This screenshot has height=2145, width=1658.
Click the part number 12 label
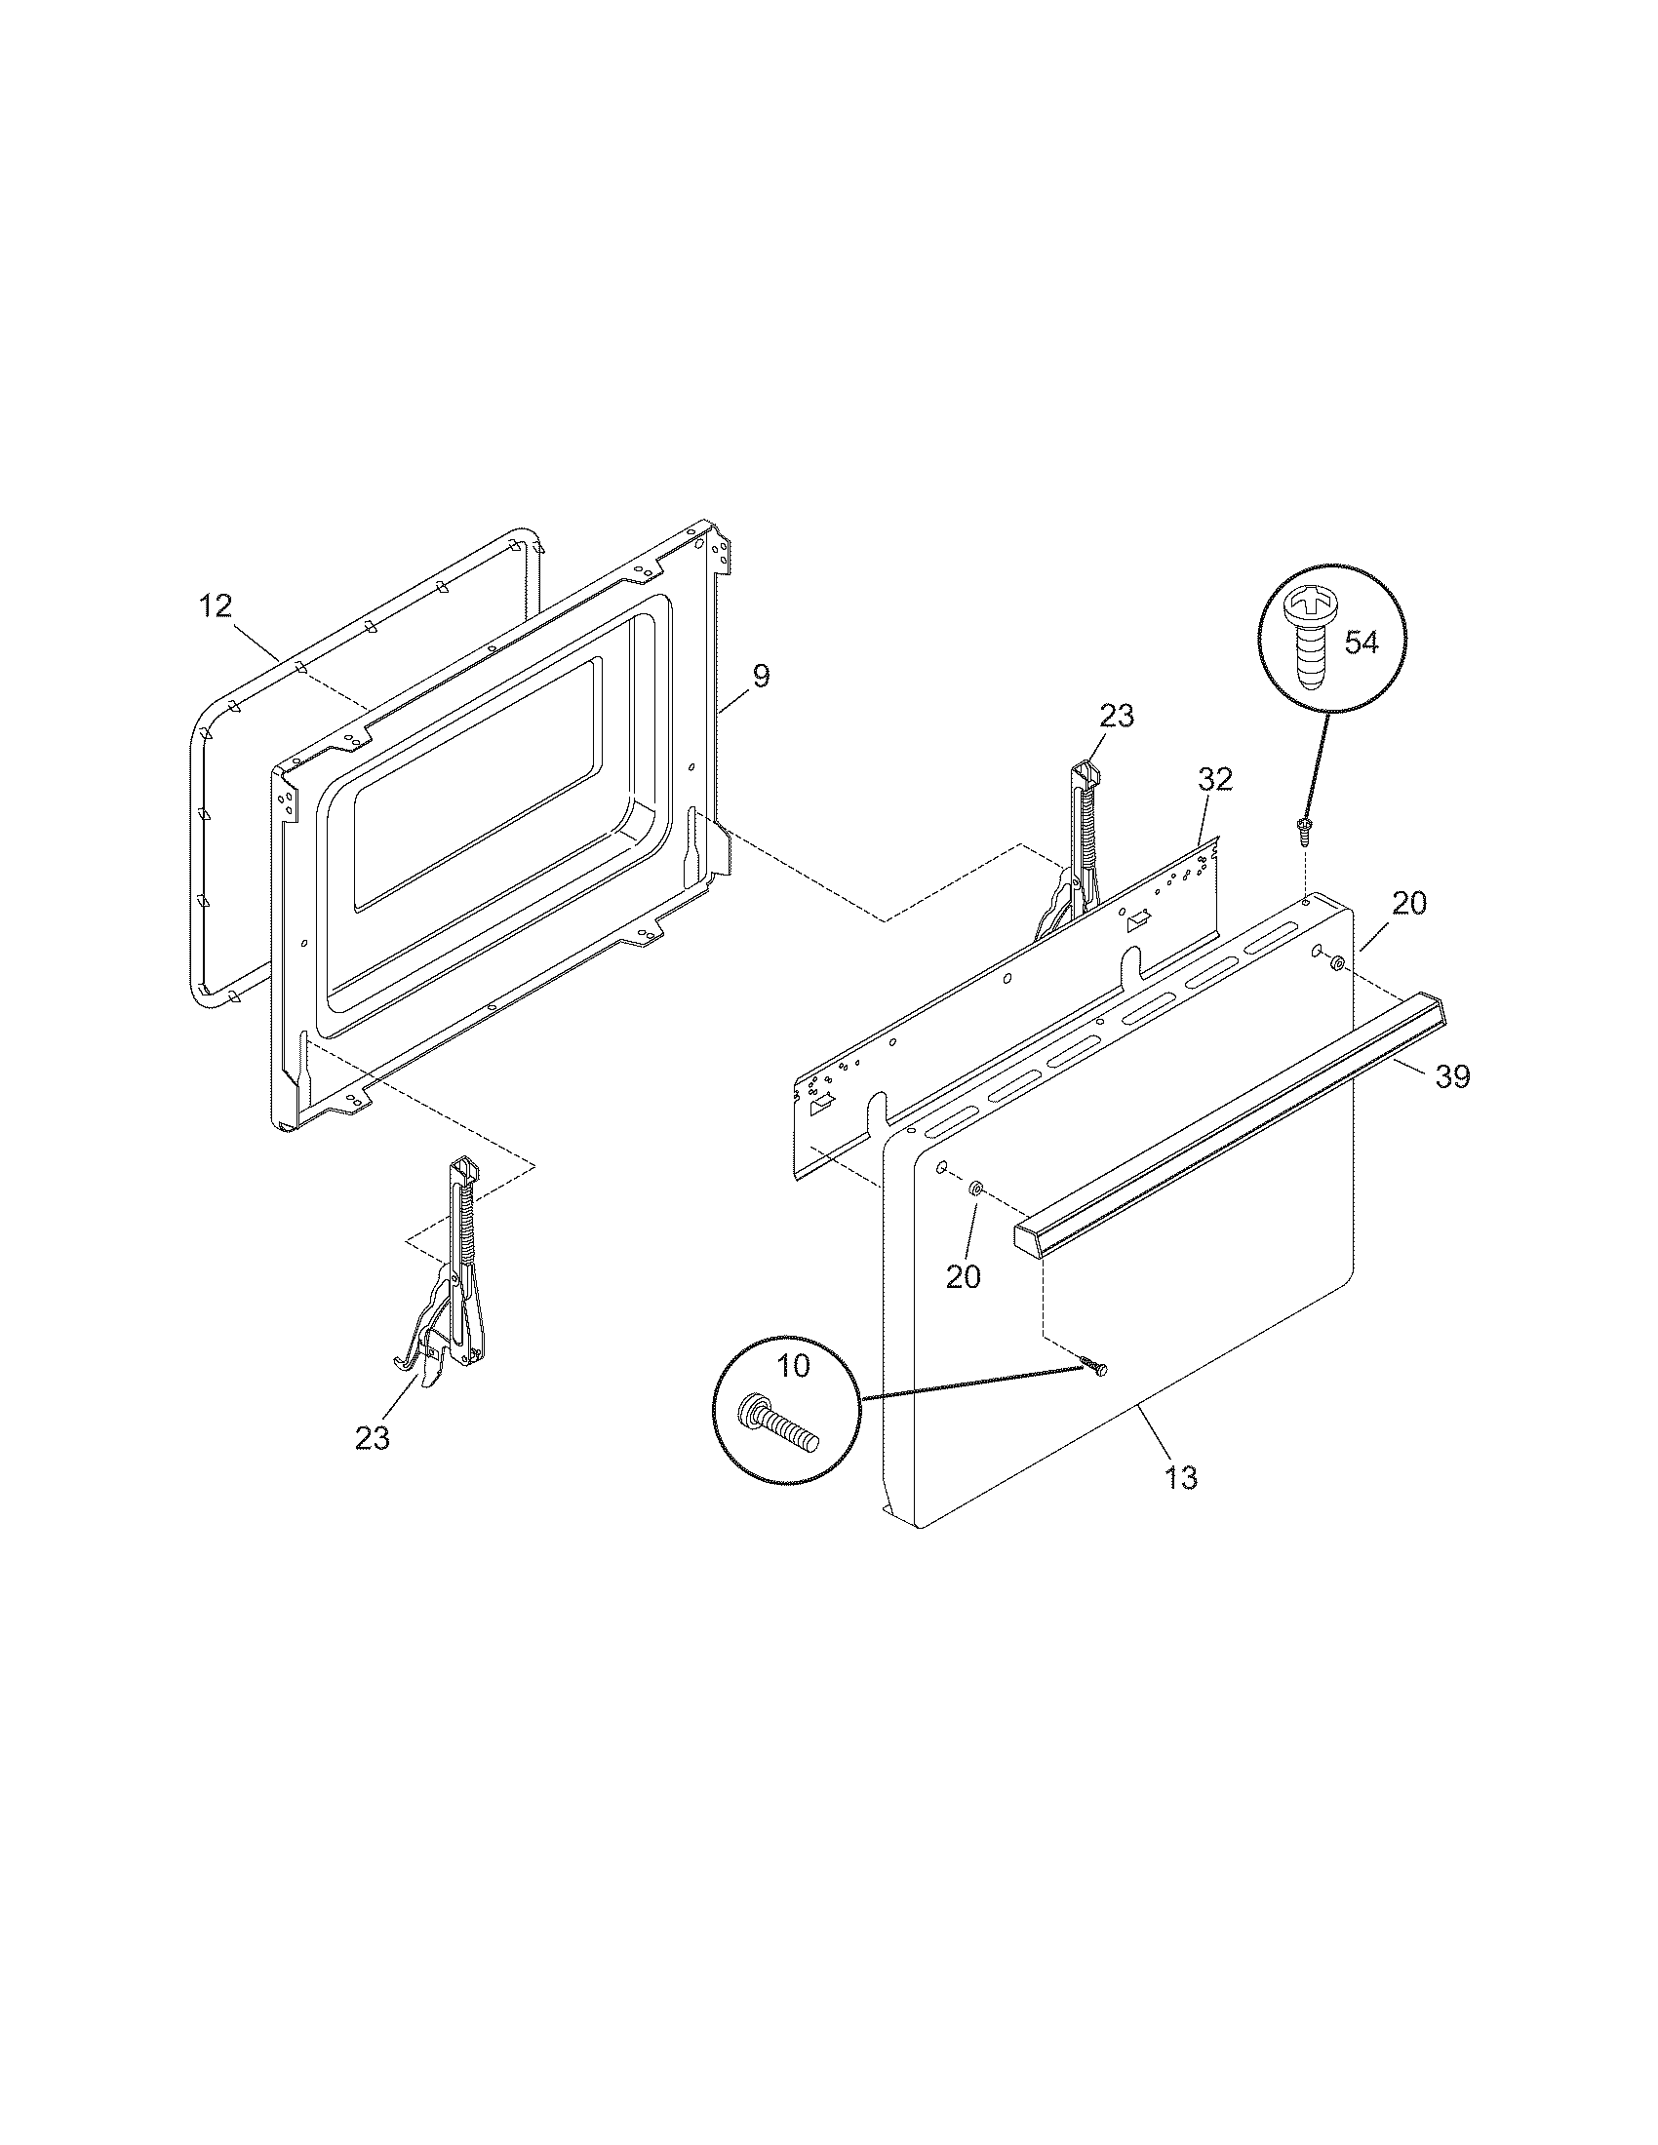click(x=216, y=606)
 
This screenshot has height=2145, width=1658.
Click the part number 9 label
click(x=762, y=676)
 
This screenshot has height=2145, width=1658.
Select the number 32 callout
click(x=1215, y=779)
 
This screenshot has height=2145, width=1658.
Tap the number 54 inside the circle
click(x=1362, y=643)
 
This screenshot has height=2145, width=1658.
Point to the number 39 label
click(x=1453, y=1077)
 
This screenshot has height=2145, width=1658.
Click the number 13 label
click(x=1182, y=1504)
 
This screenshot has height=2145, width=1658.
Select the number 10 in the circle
click(x=795, y=1365)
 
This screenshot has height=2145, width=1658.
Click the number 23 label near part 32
click(x=1117, y=716)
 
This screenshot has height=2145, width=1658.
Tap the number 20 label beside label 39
click(x=1409, y=903)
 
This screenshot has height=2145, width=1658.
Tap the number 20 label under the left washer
click(x=964, y=1277)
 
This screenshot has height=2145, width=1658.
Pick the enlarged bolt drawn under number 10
click(x=781, y=1420)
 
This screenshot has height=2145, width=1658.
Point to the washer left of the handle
click(x=976, y=1189)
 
